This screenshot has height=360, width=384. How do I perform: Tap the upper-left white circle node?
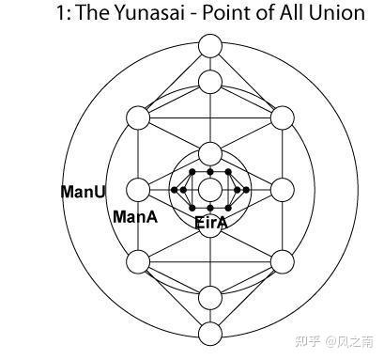[138, 118]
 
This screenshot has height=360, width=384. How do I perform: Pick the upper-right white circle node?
[282, 118]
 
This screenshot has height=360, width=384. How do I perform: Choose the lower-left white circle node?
[138, 261]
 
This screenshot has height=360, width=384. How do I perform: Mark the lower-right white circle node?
[282, 261]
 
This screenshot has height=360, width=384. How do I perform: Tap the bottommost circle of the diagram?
[210, 332]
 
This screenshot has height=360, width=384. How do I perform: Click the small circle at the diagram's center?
[210, 190]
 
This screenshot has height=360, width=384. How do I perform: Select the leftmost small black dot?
[174, 190]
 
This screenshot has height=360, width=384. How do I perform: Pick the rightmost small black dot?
[247, 190]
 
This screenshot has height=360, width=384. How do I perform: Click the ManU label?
[83, 192]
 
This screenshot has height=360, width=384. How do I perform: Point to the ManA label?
[134, 217]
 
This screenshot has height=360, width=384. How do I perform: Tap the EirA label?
[210, 223]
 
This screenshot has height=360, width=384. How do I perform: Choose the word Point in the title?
[218, 15]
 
